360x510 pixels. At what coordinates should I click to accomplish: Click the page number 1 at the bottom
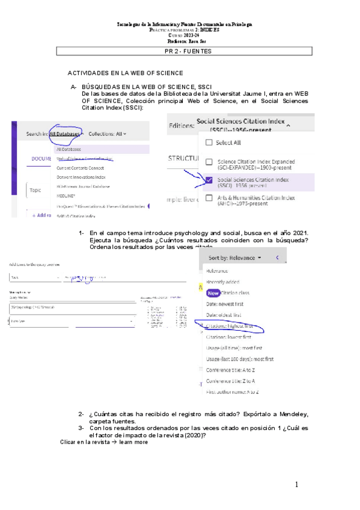point(296,485)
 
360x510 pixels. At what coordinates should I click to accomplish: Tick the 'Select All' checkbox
point(209,143)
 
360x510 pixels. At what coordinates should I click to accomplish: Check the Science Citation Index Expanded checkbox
point(209,162)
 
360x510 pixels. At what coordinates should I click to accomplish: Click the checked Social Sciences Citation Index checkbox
point(209,180)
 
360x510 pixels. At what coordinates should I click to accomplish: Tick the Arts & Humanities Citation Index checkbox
point(209,198)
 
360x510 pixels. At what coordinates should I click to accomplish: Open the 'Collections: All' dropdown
point(108,134)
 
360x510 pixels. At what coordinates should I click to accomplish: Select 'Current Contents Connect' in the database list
point(80,168)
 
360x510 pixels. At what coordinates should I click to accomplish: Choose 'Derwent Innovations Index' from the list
point(81,177)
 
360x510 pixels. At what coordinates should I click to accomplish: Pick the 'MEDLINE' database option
point(66,195)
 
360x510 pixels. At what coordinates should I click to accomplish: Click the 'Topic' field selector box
point(36,190)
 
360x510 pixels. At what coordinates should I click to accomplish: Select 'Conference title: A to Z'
point(231,370)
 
